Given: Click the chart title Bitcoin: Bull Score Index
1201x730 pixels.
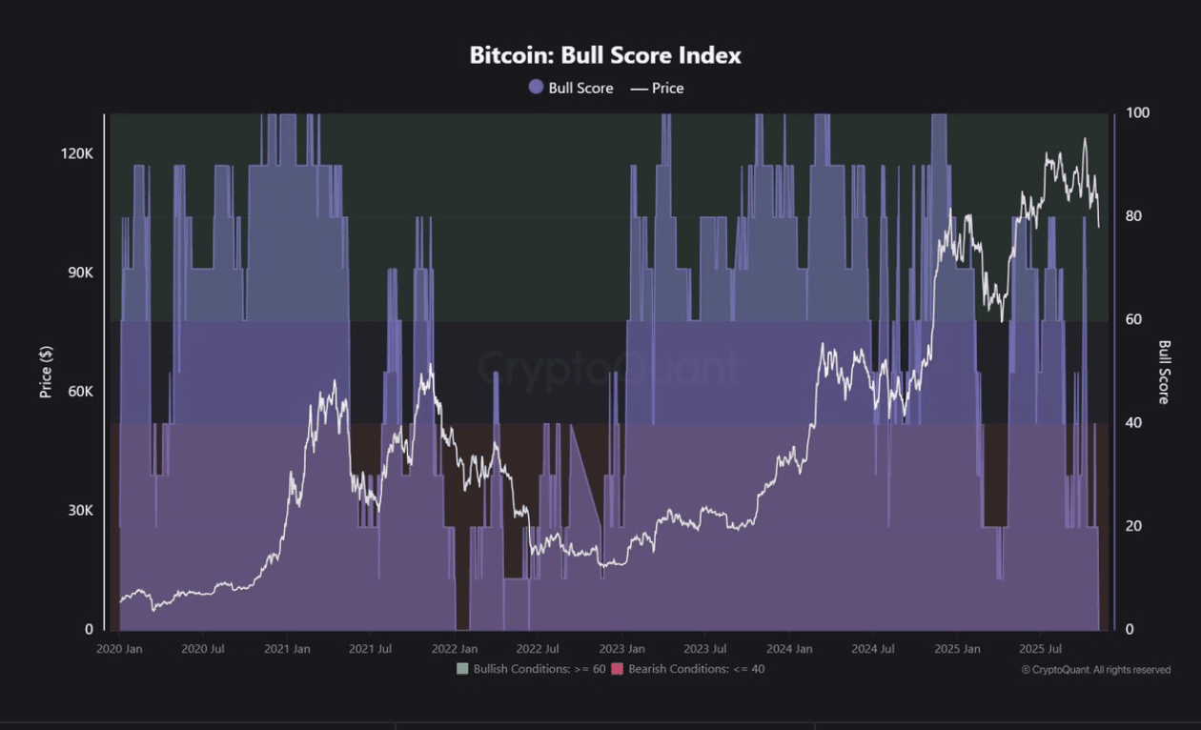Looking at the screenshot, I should coord(604,56).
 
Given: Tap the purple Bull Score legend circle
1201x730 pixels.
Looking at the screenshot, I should coord(536,88).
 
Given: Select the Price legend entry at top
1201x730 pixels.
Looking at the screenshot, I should coord(657,88).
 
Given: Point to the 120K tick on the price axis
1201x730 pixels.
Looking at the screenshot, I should coord(77,153).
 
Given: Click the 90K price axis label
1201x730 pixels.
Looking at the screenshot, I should coord(79,273).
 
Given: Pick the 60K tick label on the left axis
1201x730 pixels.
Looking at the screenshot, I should coord(79,392).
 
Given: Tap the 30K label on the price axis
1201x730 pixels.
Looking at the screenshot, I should coord(79,511).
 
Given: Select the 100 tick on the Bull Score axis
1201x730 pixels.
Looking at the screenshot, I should coord(1137,112).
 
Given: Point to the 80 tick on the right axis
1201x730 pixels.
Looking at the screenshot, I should coord(1134,216).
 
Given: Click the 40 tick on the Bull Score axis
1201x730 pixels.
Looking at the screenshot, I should coord(1134,422).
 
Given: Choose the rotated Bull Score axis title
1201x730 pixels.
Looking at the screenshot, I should coord(1165,372).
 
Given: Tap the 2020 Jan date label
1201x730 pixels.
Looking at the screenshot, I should coord(120,649).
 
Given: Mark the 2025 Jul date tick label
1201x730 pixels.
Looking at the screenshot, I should coord(1041,649).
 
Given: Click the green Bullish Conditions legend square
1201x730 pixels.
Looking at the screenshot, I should coord(463,669).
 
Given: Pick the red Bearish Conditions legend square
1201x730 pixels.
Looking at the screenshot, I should coord(617,669).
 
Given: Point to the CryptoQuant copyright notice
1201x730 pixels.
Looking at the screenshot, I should coord(1095,670).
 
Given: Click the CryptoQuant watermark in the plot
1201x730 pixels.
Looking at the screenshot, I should coord(607,368).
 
